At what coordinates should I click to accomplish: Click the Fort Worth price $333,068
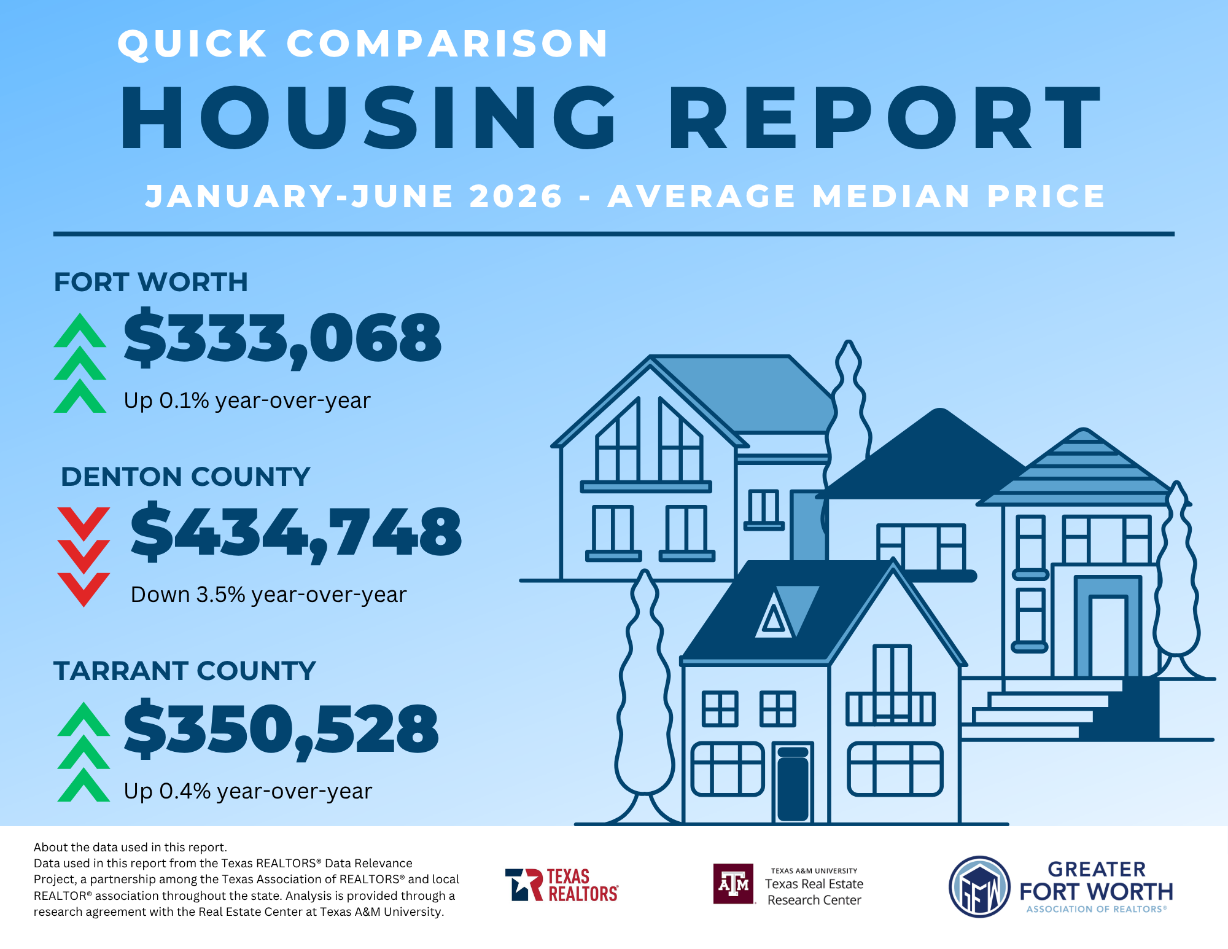[x=282, y=339]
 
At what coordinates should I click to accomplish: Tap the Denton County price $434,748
[x=296, y=532]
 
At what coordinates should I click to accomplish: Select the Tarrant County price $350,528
[x=281, y=730]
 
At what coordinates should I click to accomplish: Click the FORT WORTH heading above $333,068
[x=151, y=282]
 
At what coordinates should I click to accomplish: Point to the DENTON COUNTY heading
[x=185, y=477]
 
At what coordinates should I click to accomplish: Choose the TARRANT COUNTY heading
[x=184, y=671]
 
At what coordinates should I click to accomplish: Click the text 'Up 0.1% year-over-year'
[x=247, y=400]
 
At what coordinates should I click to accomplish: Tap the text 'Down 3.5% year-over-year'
[x=268, y=595]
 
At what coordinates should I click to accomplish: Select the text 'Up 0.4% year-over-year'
[x=247, y=791]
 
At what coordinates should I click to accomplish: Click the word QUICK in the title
[x=193, y=44]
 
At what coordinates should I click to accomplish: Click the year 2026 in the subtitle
[x=516, y=197]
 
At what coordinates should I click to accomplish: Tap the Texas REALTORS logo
[x=561, y=885]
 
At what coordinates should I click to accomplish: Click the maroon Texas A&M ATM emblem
[x=733, y=884]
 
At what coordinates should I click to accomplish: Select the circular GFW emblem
[x=979, y=887]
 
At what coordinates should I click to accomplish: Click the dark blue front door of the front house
[x=793, y=784]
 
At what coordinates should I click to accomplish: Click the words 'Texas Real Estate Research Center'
[x=814, y=892]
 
